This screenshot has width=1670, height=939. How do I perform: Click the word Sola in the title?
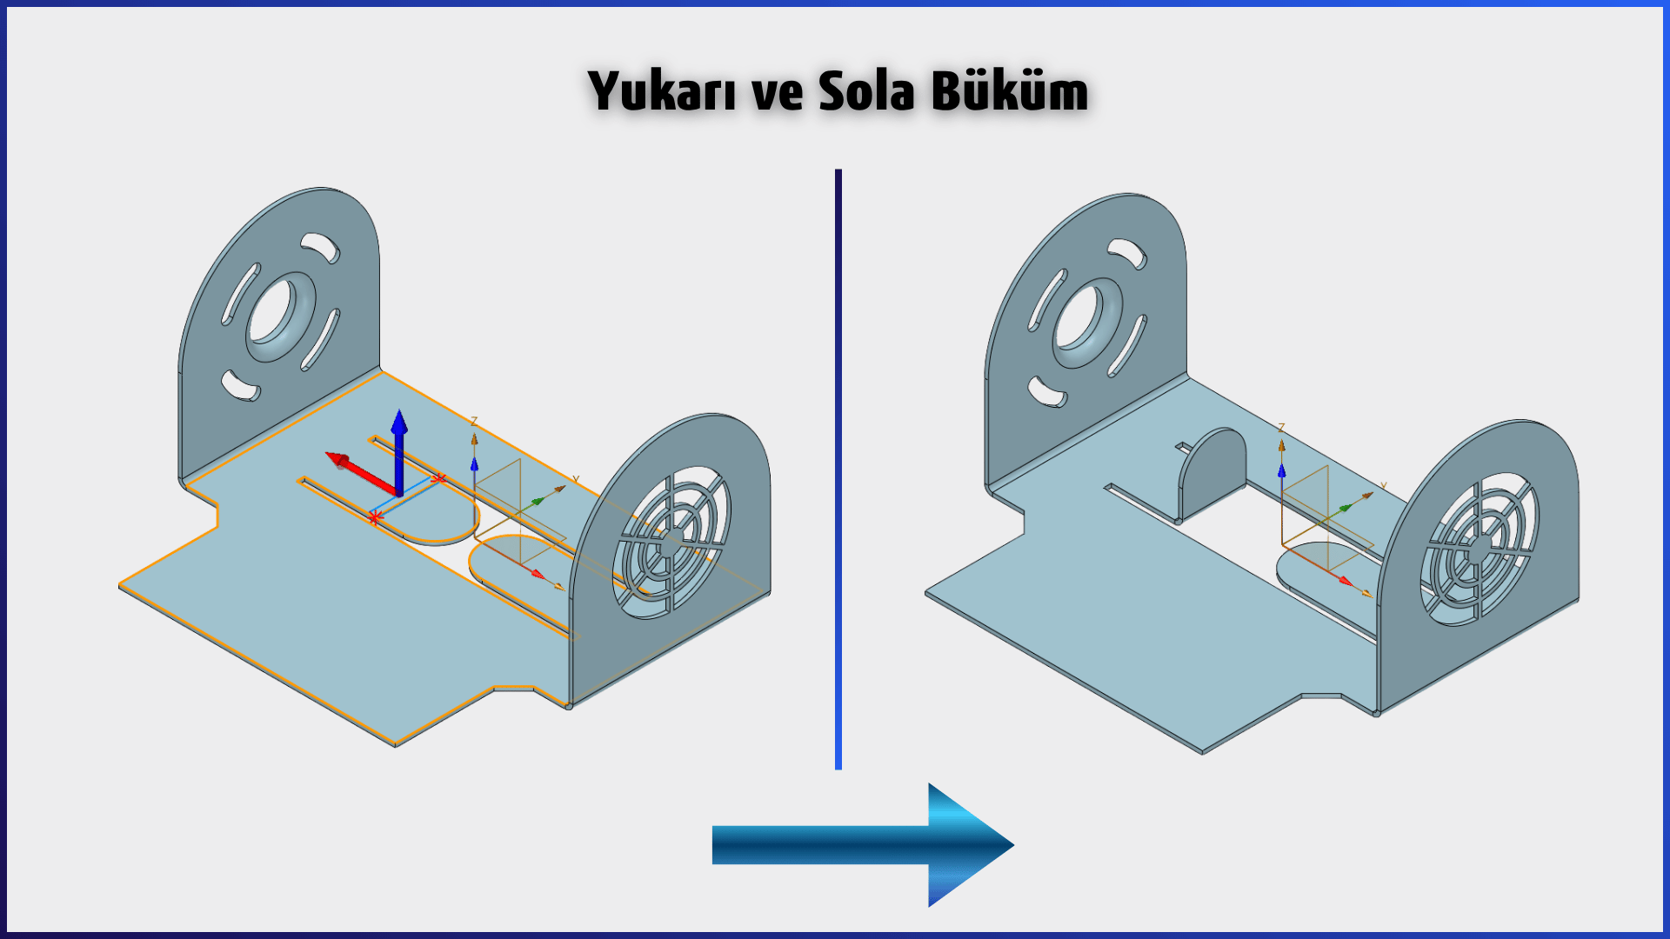click(x=866, y=90)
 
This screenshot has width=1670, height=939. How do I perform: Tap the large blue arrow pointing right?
click(x=863, y=845)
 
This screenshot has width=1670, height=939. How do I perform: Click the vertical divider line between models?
click(x=838, y=469)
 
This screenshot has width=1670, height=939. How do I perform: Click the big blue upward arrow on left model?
click(x=399, y=452)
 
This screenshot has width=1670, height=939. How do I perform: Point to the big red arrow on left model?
click(x=361, y=474)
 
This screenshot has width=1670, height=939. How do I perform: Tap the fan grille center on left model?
click(x=670, y=544)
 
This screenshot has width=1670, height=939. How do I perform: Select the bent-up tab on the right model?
click(x=1212, y=474)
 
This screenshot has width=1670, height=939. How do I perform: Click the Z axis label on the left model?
click(x=474, y=422)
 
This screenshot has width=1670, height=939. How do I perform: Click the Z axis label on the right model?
click(x=1281, y=429)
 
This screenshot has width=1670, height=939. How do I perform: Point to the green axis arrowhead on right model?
click(x=1345, y=507)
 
